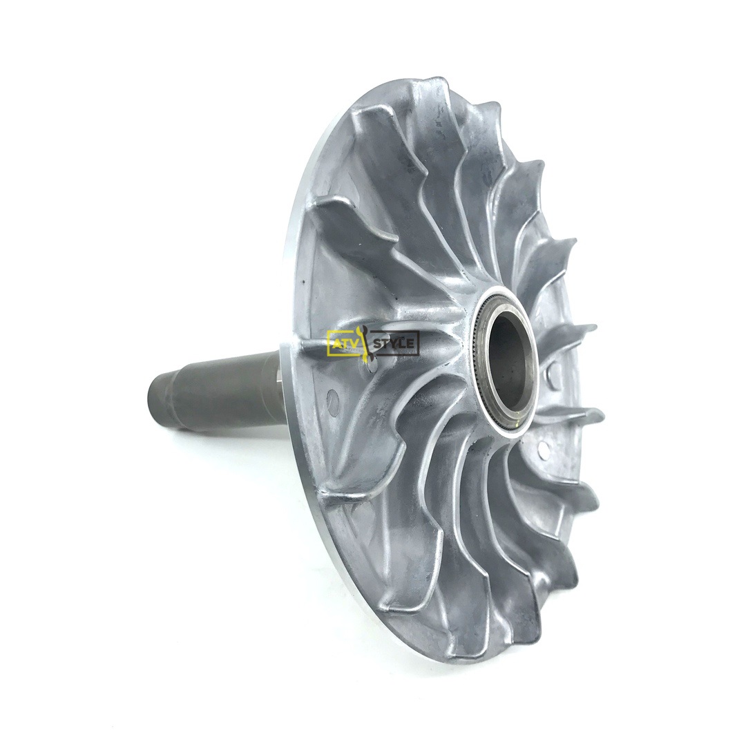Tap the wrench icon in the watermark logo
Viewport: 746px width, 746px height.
(x=364, y=341)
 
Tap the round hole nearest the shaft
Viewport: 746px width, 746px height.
(x=332, y=396)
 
